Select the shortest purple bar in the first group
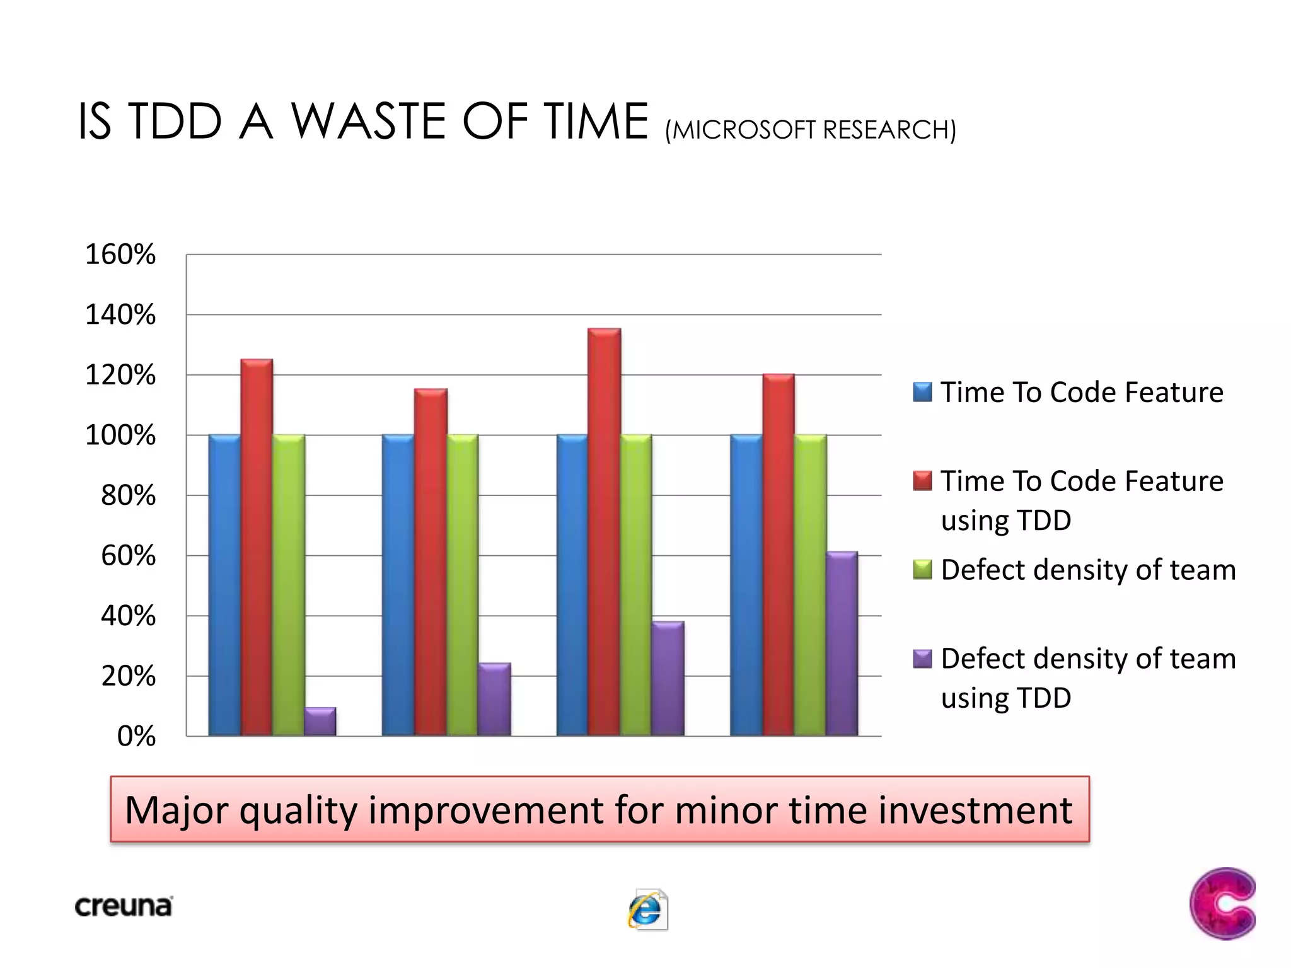pyautogui.click(x=320, y=722)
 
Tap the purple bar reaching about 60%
pyautogui.click(x=842, y=643)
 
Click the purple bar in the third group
pyautogui.click(x=668, y=679)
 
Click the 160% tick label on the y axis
pyautogui.click(x=120, y=255)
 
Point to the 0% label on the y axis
pyautogui.click(x=136, y=736)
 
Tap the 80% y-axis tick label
pyautogui.click(x=128, y=495)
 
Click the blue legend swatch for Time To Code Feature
pyautogui.click(x=922, y=392)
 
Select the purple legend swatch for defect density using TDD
pyautogui.click(x=922, y=659)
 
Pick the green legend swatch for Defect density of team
pyautogui.click(x=922, y=570)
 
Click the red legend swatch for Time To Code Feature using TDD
pyautogui.click(x=922, y=481)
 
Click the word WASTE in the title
pyautogui.click(x=369, y=121)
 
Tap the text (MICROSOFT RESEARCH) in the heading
pyautogui.click(x=810, y=130)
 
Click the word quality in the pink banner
pyautogui.click(x=298, y=810)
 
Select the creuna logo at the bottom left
pyautogui.click(x=124, y=906)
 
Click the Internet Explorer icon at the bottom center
pyautogui.click(x=647, y=909)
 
